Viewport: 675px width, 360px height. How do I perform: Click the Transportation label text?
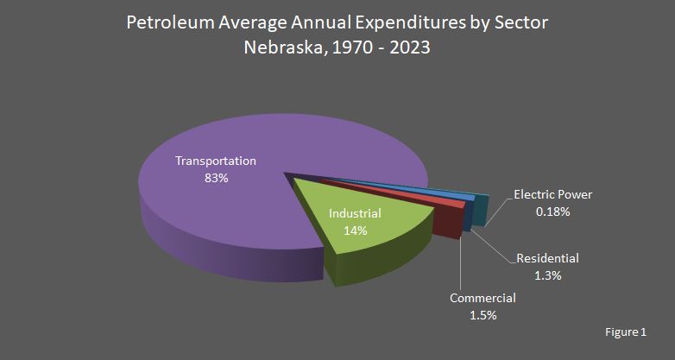[x=216, y=161]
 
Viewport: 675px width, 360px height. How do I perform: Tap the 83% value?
[x=216, y=178]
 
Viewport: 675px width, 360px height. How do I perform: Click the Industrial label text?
[x=355, y=213]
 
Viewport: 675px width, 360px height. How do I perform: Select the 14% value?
[x=355, y=231]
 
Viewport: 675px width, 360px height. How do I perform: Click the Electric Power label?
[x=552, y=194]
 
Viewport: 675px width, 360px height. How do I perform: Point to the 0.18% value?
[x=552, y=212]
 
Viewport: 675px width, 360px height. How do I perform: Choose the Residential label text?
[x=547, y=258]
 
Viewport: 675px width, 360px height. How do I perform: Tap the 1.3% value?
[x=547, y=275]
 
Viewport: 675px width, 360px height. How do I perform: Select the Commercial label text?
[x=483, y=298]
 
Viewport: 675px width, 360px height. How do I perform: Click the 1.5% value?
[x=483, y=315]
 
